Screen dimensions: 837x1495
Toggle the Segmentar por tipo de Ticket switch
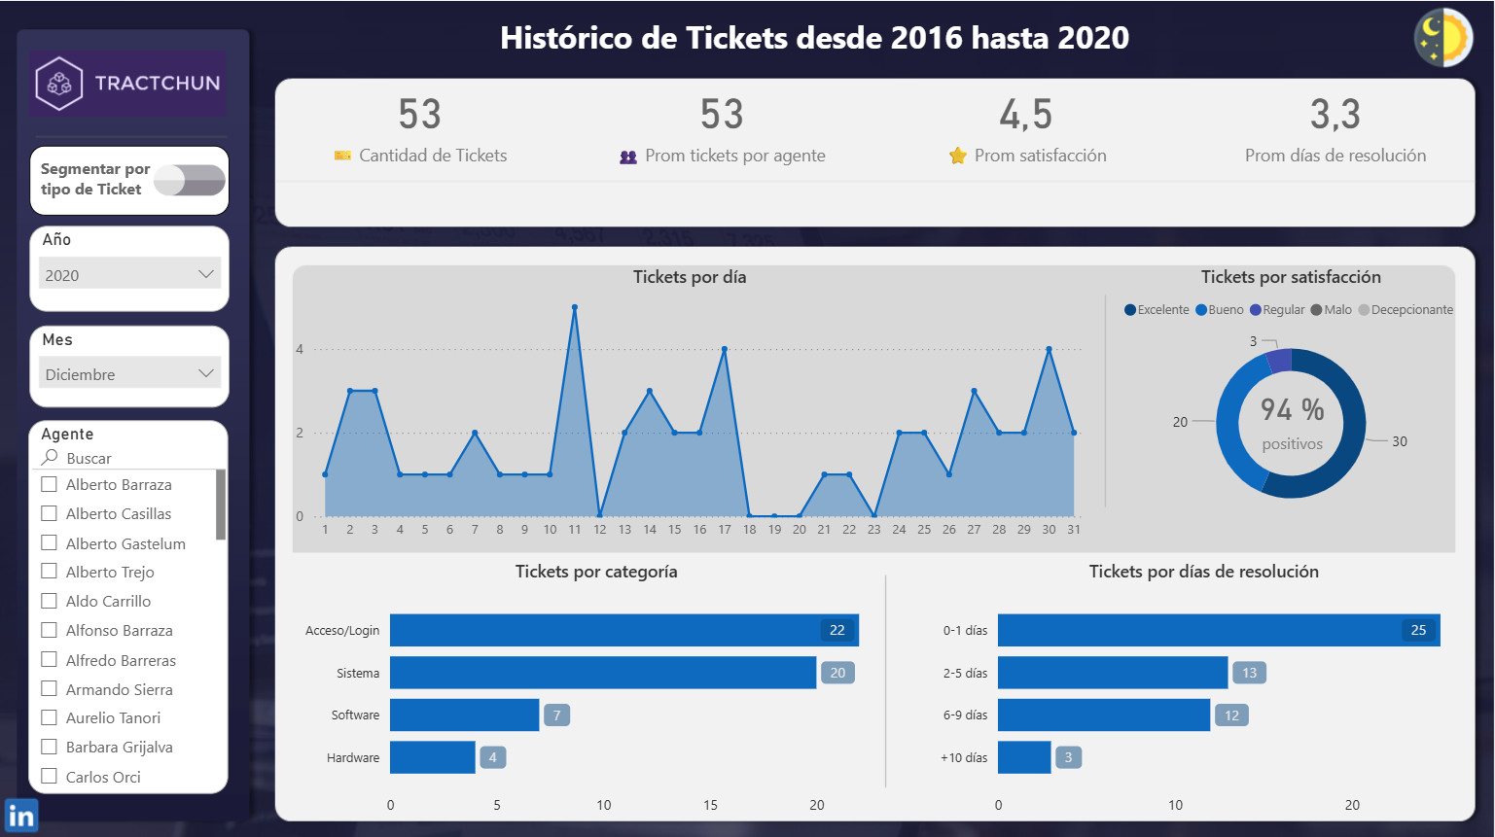pyautogui.click(x=190, y=180)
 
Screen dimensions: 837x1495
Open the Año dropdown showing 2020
pyautogui.click(x=130, y=274)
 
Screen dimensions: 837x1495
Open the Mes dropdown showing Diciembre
pyautogui.click(x=130, y=373)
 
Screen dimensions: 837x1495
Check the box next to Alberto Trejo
pyautogui.click(x=50, y=572)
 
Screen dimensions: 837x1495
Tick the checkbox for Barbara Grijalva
pyautogui.click(x=50, y=747)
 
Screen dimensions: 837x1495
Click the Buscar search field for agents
pyautogui.click(x=126, y=458)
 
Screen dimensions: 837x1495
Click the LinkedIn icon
pyautogui.click(x=21, y=816)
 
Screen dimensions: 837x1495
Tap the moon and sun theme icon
pyautogui.click(x=1442, y=38)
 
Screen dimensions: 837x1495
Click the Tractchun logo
pyautogui.click(x=127, y=84)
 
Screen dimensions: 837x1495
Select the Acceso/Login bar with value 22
pyautogui.click(x=623, y=630)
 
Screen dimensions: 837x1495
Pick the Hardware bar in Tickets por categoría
pyautogui.click(x=432, y=757)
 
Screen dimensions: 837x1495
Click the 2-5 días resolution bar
pyautogui.click(x=1112, y=673)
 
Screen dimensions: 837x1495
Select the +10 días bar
pyautogui.click(x=1024, y=757)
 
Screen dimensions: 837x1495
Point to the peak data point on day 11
pyautogui.click(x=575, y=308)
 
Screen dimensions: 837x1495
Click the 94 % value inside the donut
pyautogui.click(x=1292, y=409)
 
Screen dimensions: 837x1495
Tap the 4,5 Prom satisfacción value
pyautogui.click(x=1026, y=115)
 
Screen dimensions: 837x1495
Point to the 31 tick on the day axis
pyautogui.click(x=1074, y=530)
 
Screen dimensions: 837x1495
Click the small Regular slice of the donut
pyautogui.click(x=1279, y=361)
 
